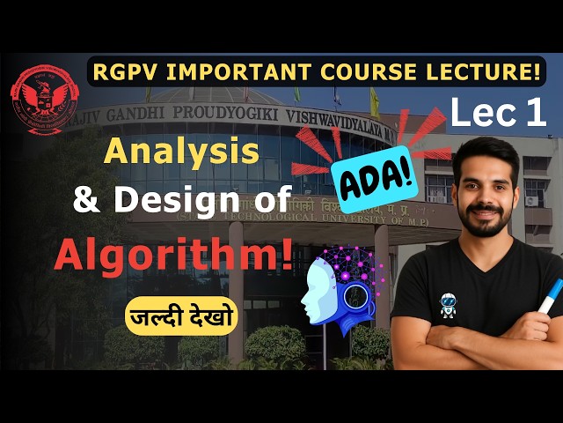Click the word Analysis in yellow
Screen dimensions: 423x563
pos(182,152)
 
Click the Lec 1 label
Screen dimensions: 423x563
pos(498,113)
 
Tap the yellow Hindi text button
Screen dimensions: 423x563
pos(182,315)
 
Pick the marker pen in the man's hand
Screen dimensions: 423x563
pos(550,295)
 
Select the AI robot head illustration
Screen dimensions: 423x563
pos(338,286)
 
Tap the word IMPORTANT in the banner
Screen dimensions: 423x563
pos(242,71)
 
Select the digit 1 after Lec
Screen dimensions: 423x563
pos(536,113)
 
